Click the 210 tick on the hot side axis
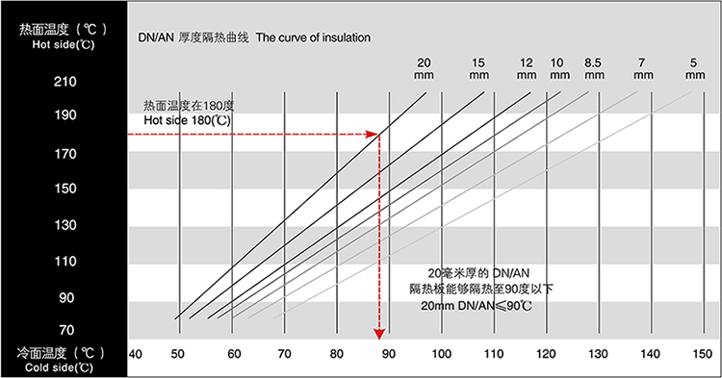pyautogui.click(x=64, y=82)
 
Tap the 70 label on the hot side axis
pyautogui.click(x=66, y=330)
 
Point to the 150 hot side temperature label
pyautogui.click(x=64, y=189)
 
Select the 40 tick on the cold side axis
pyautogui.click(x=135, y=354)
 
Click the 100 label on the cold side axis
pyautogui.click(x=441, y=354)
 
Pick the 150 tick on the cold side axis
pyautogui.click(x=702, y=354)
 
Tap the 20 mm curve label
pyautogui.click(x=424, y=68)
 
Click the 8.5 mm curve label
pyautogui.click(x=594, y=68)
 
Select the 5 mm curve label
pyautogui.click(x=694, y=68)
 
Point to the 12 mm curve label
pyautogui.click(x=527, y=68)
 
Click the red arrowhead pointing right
pyautogui.click(x=372, y=134)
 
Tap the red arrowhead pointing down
pyautogui.click(x=379, y=334)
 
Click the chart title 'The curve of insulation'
pyautogui.click(x=313, y=38)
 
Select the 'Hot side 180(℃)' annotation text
pyautogui.click(x=187, y=120)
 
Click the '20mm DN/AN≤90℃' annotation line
pyautogui.click(x=477, y=306)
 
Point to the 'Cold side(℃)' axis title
pyautogui.click(x=59, y=367)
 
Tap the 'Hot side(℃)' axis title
pyautogui.click(x=64, y=44)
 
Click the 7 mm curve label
pyautogui.click(x=643, y=68)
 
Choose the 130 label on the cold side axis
pyautogui.click(x=598, y=354)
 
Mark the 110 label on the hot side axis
pyautogui.click(x=64, y=262)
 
